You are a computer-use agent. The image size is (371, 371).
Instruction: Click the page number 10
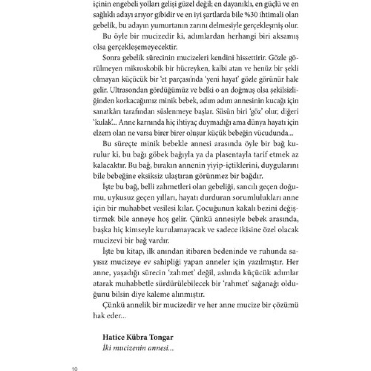click(x=75, y=369)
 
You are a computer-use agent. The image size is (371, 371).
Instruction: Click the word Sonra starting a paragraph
click(x=111, y=58)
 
